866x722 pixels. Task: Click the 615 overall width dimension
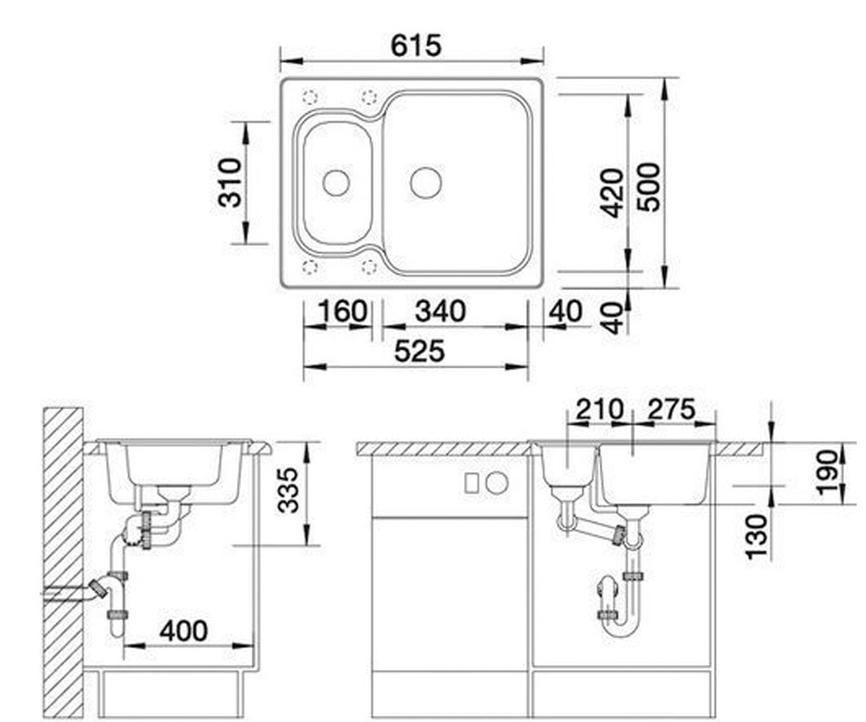click(416, 45)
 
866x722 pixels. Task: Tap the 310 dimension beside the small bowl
click(229, 183)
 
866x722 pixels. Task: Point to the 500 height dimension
click(648, 188)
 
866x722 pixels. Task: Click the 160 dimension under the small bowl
click(343, 311)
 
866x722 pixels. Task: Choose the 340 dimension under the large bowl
click(440, 311)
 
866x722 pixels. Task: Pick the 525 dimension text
click(419, 351)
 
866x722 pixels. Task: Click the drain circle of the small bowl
click(336, 183)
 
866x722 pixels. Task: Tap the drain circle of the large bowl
click(426, 183)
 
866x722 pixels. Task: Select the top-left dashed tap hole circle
click(310, 97)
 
